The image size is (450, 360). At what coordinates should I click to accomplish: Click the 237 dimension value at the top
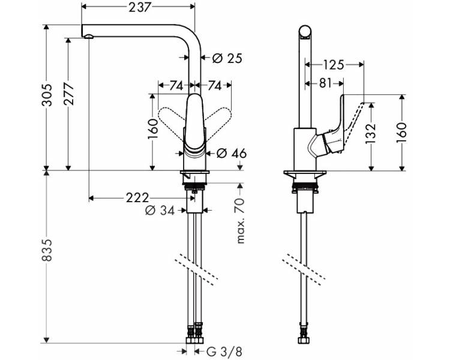tap(139, 7)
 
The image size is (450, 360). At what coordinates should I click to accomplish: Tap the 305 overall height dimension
tap(47, 95)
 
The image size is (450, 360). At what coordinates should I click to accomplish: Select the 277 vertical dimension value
tap(69, 94)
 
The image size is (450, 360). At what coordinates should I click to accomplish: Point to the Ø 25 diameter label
tap(227, 58)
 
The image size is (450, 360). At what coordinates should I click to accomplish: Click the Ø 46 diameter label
tap(232, 154)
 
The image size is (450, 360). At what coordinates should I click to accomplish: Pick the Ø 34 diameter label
tap(160, 211)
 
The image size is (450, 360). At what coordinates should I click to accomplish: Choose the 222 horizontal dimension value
tap(137, 198)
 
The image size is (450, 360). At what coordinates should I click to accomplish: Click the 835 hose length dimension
tap(47, 250)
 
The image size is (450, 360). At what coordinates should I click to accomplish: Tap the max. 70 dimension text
tap(241, 220)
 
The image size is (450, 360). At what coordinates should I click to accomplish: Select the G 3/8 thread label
tap(224, 352)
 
